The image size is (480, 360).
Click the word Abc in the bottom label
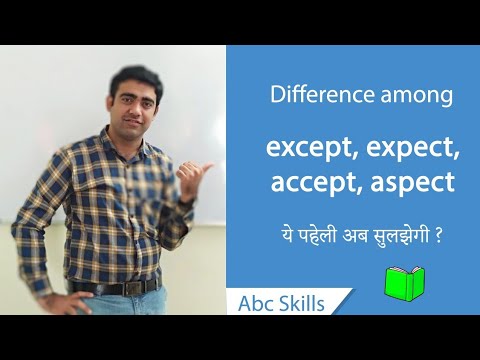point(257,303)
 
